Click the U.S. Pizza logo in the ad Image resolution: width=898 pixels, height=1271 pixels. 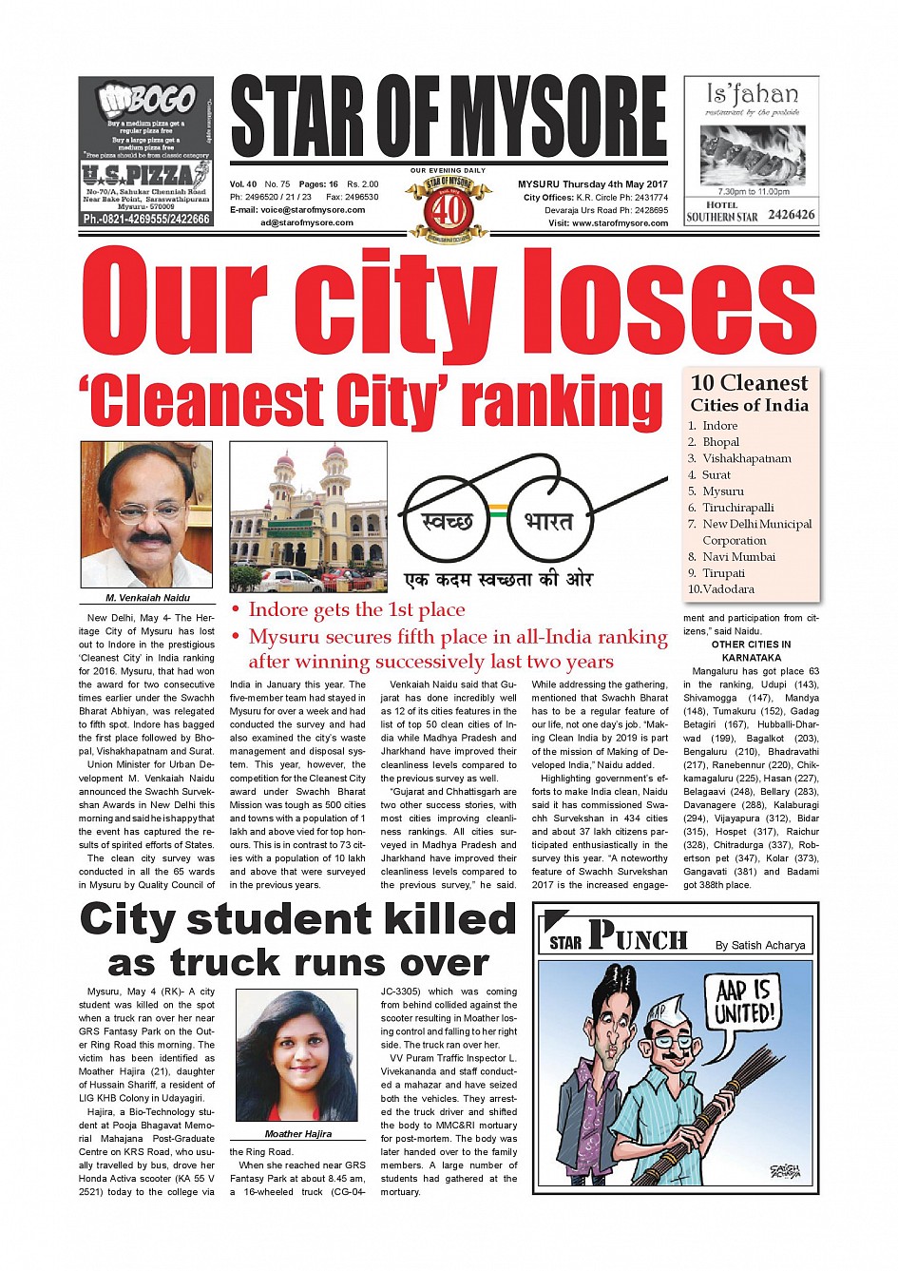tap(145, 174)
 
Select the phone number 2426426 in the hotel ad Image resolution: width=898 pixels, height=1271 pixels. tap(791, 215)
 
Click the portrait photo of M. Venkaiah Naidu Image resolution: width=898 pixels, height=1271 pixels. tap(146, 514)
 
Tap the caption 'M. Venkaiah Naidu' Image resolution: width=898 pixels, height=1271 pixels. tap(147, 598)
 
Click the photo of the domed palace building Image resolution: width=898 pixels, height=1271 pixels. tap(308, 517)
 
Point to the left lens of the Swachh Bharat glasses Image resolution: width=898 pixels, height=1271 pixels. tap(446, 520)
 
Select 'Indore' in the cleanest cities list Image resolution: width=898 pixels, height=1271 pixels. tap(719, 426)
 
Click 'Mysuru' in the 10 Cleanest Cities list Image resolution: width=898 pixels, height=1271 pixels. tap(722, 491)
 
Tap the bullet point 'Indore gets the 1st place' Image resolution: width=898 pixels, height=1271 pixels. tap(356, 610)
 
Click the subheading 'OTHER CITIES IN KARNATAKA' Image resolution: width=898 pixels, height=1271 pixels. tap(751, 651)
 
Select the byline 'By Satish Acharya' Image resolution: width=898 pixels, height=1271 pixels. tap(759, 945)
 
